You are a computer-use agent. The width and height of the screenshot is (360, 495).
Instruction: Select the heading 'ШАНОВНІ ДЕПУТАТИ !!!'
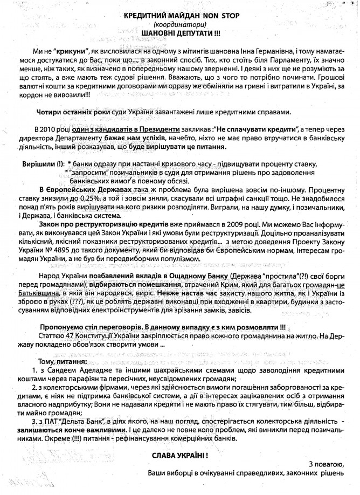[x=179, y=33]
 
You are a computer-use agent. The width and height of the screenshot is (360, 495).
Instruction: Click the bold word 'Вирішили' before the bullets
[x=38, y=163]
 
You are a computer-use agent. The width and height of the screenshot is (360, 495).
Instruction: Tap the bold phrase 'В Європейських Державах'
[x=79, y=189]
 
